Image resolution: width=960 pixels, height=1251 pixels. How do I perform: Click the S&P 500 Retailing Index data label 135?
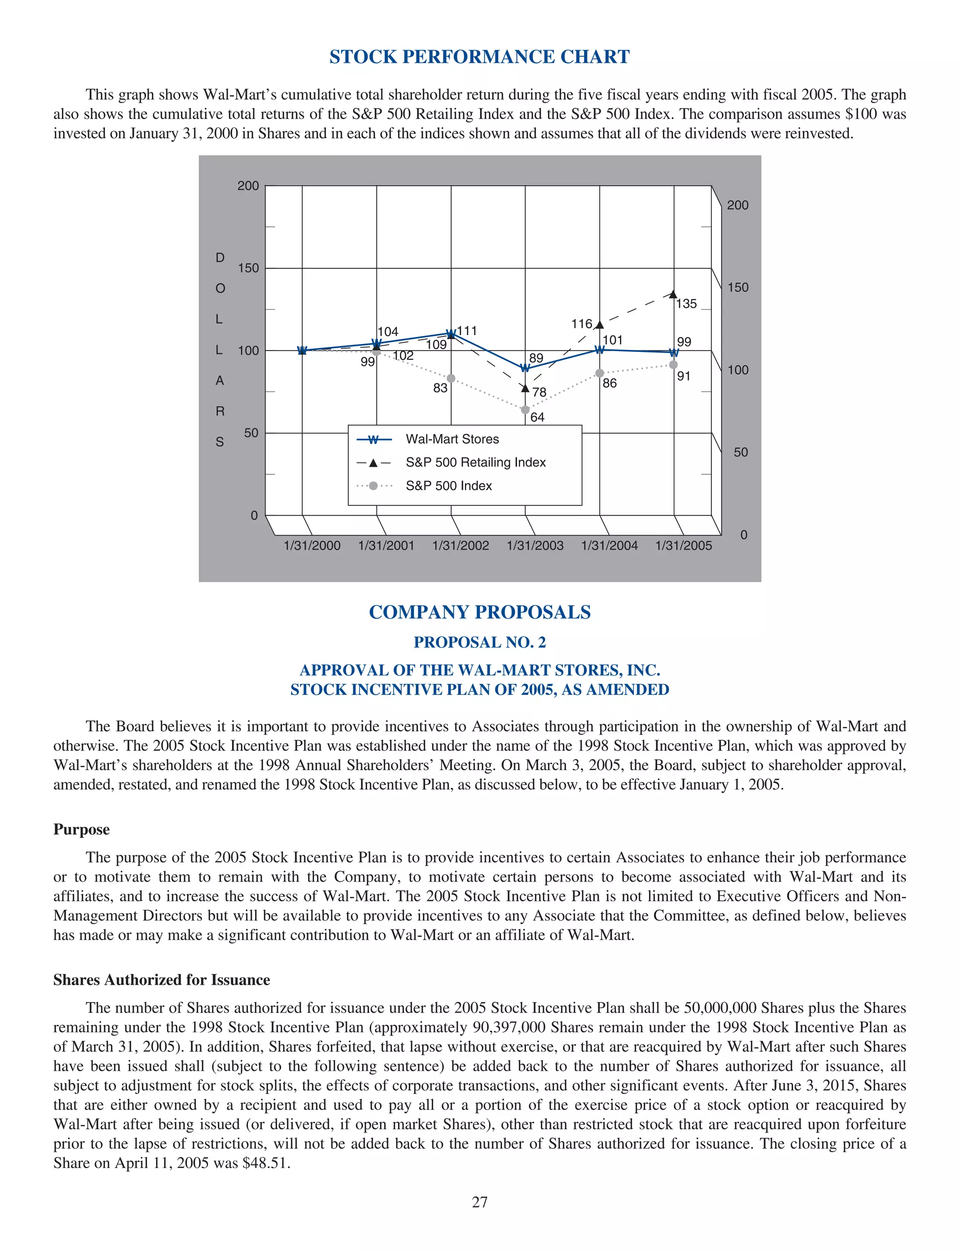coord(686,304)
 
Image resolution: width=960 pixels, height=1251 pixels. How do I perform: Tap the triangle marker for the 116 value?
coord(600,325)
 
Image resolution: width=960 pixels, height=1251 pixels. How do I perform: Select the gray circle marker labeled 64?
coord(525,410)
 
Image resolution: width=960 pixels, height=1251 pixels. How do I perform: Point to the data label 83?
coord(440,389)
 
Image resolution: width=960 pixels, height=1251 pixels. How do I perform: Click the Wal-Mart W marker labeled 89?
coord(525,368)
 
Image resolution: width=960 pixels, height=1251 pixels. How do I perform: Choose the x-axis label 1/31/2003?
coord(535,546)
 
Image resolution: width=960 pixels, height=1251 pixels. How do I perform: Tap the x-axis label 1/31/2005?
coord(683,546)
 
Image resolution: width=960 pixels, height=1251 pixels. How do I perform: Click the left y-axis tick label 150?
coord(248,268)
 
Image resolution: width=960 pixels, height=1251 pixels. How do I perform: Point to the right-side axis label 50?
coord(741,452)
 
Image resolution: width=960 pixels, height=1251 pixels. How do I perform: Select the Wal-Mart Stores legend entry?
coord(452,439)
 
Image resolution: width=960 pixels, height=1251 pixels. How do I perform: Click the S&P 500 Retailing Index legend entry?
coord(475,462)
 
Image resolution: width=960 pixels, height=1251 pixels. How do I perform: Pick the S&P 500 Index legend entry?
coord(449,486)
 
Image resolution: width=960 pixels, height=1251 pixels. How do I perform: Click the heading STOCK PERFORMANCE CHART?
coord(480,57)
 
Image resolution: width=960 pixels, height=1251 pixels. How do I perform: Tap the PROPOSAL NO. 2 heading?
coord(480,642)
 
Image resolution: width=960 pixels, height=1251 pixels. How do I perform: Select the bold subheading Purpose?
coord(81,830)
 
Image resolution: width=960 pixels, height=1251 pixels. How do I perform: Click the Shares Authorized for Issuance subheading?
coord(161,980)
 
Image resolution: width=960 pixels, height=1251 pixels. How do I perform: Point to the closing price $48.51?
coord(266,1163)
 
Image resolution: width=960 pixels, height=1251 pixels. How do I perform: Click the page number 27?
coord(480,1202)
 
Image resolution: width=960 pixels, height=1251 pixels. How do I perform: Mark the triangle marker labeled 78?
coord(525,389)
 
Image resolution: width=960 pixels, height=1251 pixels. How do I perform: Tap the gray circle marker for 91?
coord(674,365)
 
